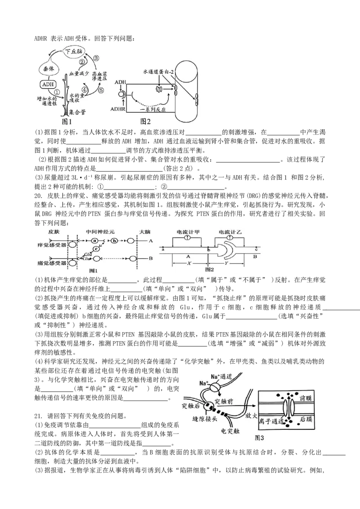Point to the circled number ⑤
[101, 90]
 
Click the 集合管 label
[77, 112]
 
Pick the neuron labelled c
[95, 249]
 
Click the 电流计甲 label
[188, 232]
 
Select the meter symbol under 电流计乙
[230, 237]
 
